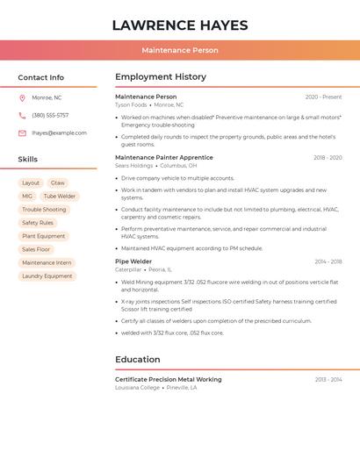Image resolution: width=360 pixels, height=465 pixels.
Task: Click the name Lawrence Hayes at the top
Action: (180, 25)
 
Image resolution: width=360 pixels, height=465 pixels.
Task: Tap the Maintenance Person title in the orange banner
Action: (180, 50)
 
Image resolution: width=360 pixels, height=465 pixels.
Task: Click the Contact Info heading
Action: (41, 77)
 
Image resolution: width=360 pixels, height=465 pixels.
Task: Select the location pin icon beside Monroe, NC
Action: (22, 97)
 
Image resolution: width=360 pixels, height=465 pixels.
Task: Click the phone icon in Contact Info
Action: (22, 115)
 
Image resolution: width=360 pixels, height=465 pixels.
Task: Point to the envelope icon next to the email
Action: (22, 133)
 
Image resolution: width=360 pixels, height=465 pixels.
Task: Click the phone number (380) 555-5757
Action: (50, 115)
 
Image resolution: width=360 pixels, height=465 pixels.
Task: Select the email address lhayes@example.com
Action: (59, 133)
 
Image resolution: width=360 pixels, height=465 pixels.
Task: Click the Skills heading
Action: (28, 160)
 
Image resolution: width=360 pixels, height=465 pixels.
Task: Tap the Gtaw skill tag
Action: (57, 183)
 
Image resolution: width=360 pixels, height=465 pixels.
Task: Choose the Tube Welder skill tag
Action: (60, 197)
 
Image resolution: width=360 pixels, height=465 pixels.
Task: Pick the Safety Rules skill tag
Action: (38, 223)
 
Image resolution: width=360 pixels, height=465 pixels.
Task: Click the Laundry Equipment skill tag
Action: (47, 275)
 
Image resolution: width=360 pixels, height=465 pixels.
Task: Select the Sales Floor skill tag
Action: (36, 249)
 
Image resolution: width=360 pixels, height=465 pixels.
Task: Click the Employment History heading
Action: (161, 77)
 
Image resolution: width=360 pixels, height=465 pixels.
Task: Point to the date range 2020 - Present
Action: (323, 97)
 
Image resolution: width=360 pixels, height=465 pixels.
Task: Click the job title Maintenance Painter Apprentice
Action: (164, 157)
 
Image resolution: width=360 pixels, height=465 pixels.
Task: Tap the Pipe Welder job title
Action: (133, 261)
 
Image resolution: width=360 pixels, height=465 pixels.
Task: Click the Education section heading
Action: (138, 360)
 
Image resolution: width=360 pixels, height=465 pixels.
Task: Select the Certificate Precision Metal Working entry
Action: (169, 379)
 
